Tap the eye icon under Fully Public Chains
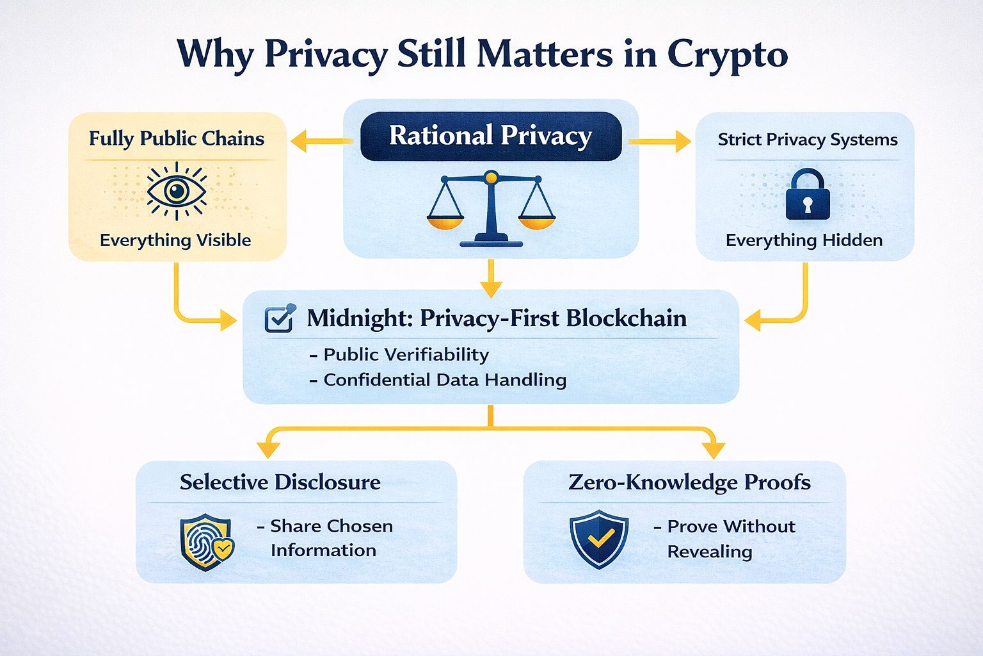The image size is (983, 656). (176, 190)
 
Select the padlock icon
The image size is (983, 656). (807, 195)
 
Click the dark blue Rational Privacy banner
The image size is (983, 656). (491, 136)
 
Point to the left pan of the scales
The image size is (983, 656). (445, 221)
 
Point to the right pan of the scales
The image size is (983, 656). (537, 221)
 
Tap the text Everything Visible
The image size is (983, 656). (175, 240)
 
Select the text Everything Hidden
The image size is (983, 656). (804, 240)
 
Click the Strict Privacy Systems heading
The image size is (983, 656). (808, 140)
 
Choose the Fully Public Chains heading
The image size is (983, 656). (176, 138)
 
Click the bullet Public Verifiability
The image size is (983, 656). (406, 354)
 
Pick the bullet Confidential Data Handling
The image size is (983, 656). (445, 380)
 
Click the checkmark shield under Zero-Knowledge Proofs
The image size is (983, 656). (599, 539)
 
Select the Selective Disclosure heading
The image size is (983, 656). (280, 482)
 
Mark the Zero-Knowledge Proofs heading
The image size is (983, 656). (689, 482)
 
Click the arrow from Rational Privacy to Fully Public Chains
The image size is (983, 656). (320, 142)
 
